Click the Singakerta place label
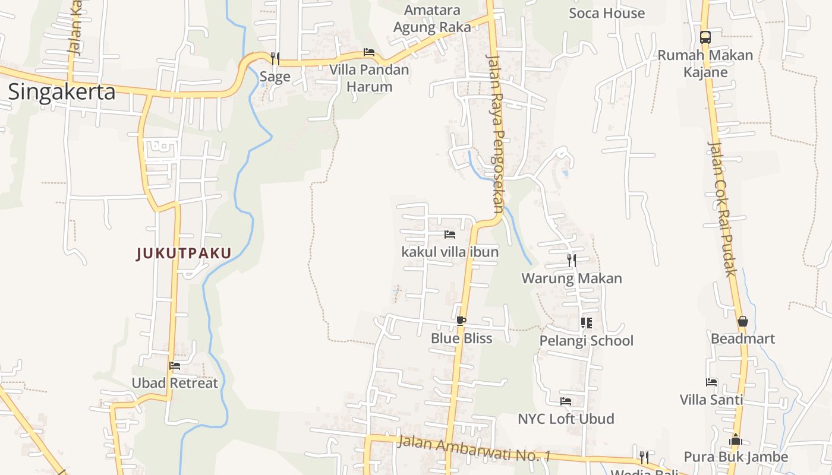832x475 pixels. coord(61,93)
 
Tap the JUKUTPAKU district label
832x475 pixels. coord(184,254)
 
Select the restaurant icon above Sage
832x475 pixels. coord(275,58)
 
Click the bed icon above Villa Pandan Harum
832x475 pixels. coord(369,52)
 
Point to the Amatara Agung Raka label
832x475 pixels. coord(432,18)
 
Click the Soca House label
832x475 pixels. coord(606,13)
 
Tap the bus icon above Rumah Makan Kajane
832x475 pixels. coord(705,37)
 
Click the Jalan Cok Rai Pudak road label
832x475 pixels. coord(722,208)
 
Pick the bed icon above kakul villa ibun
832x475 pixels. coord(450,235)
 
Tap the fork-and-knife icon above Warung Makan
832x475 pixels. coord(571,260)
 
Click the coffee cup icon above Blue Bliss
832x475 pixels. coord(461,321)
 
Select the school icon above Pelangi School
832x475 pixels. coord(586,323)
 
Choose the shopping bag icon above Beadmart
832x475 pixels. coord(742,321)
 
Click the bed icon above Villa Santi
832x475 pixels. coord(711,382)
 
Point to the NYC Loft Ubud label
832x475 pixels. coord(566,419)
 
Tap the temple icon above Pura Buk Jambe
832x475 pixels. coord(735,439)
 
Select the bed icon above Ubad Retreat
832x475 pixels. coord(174,366)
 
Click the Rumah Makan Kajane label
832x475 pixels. coord(705,64)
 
